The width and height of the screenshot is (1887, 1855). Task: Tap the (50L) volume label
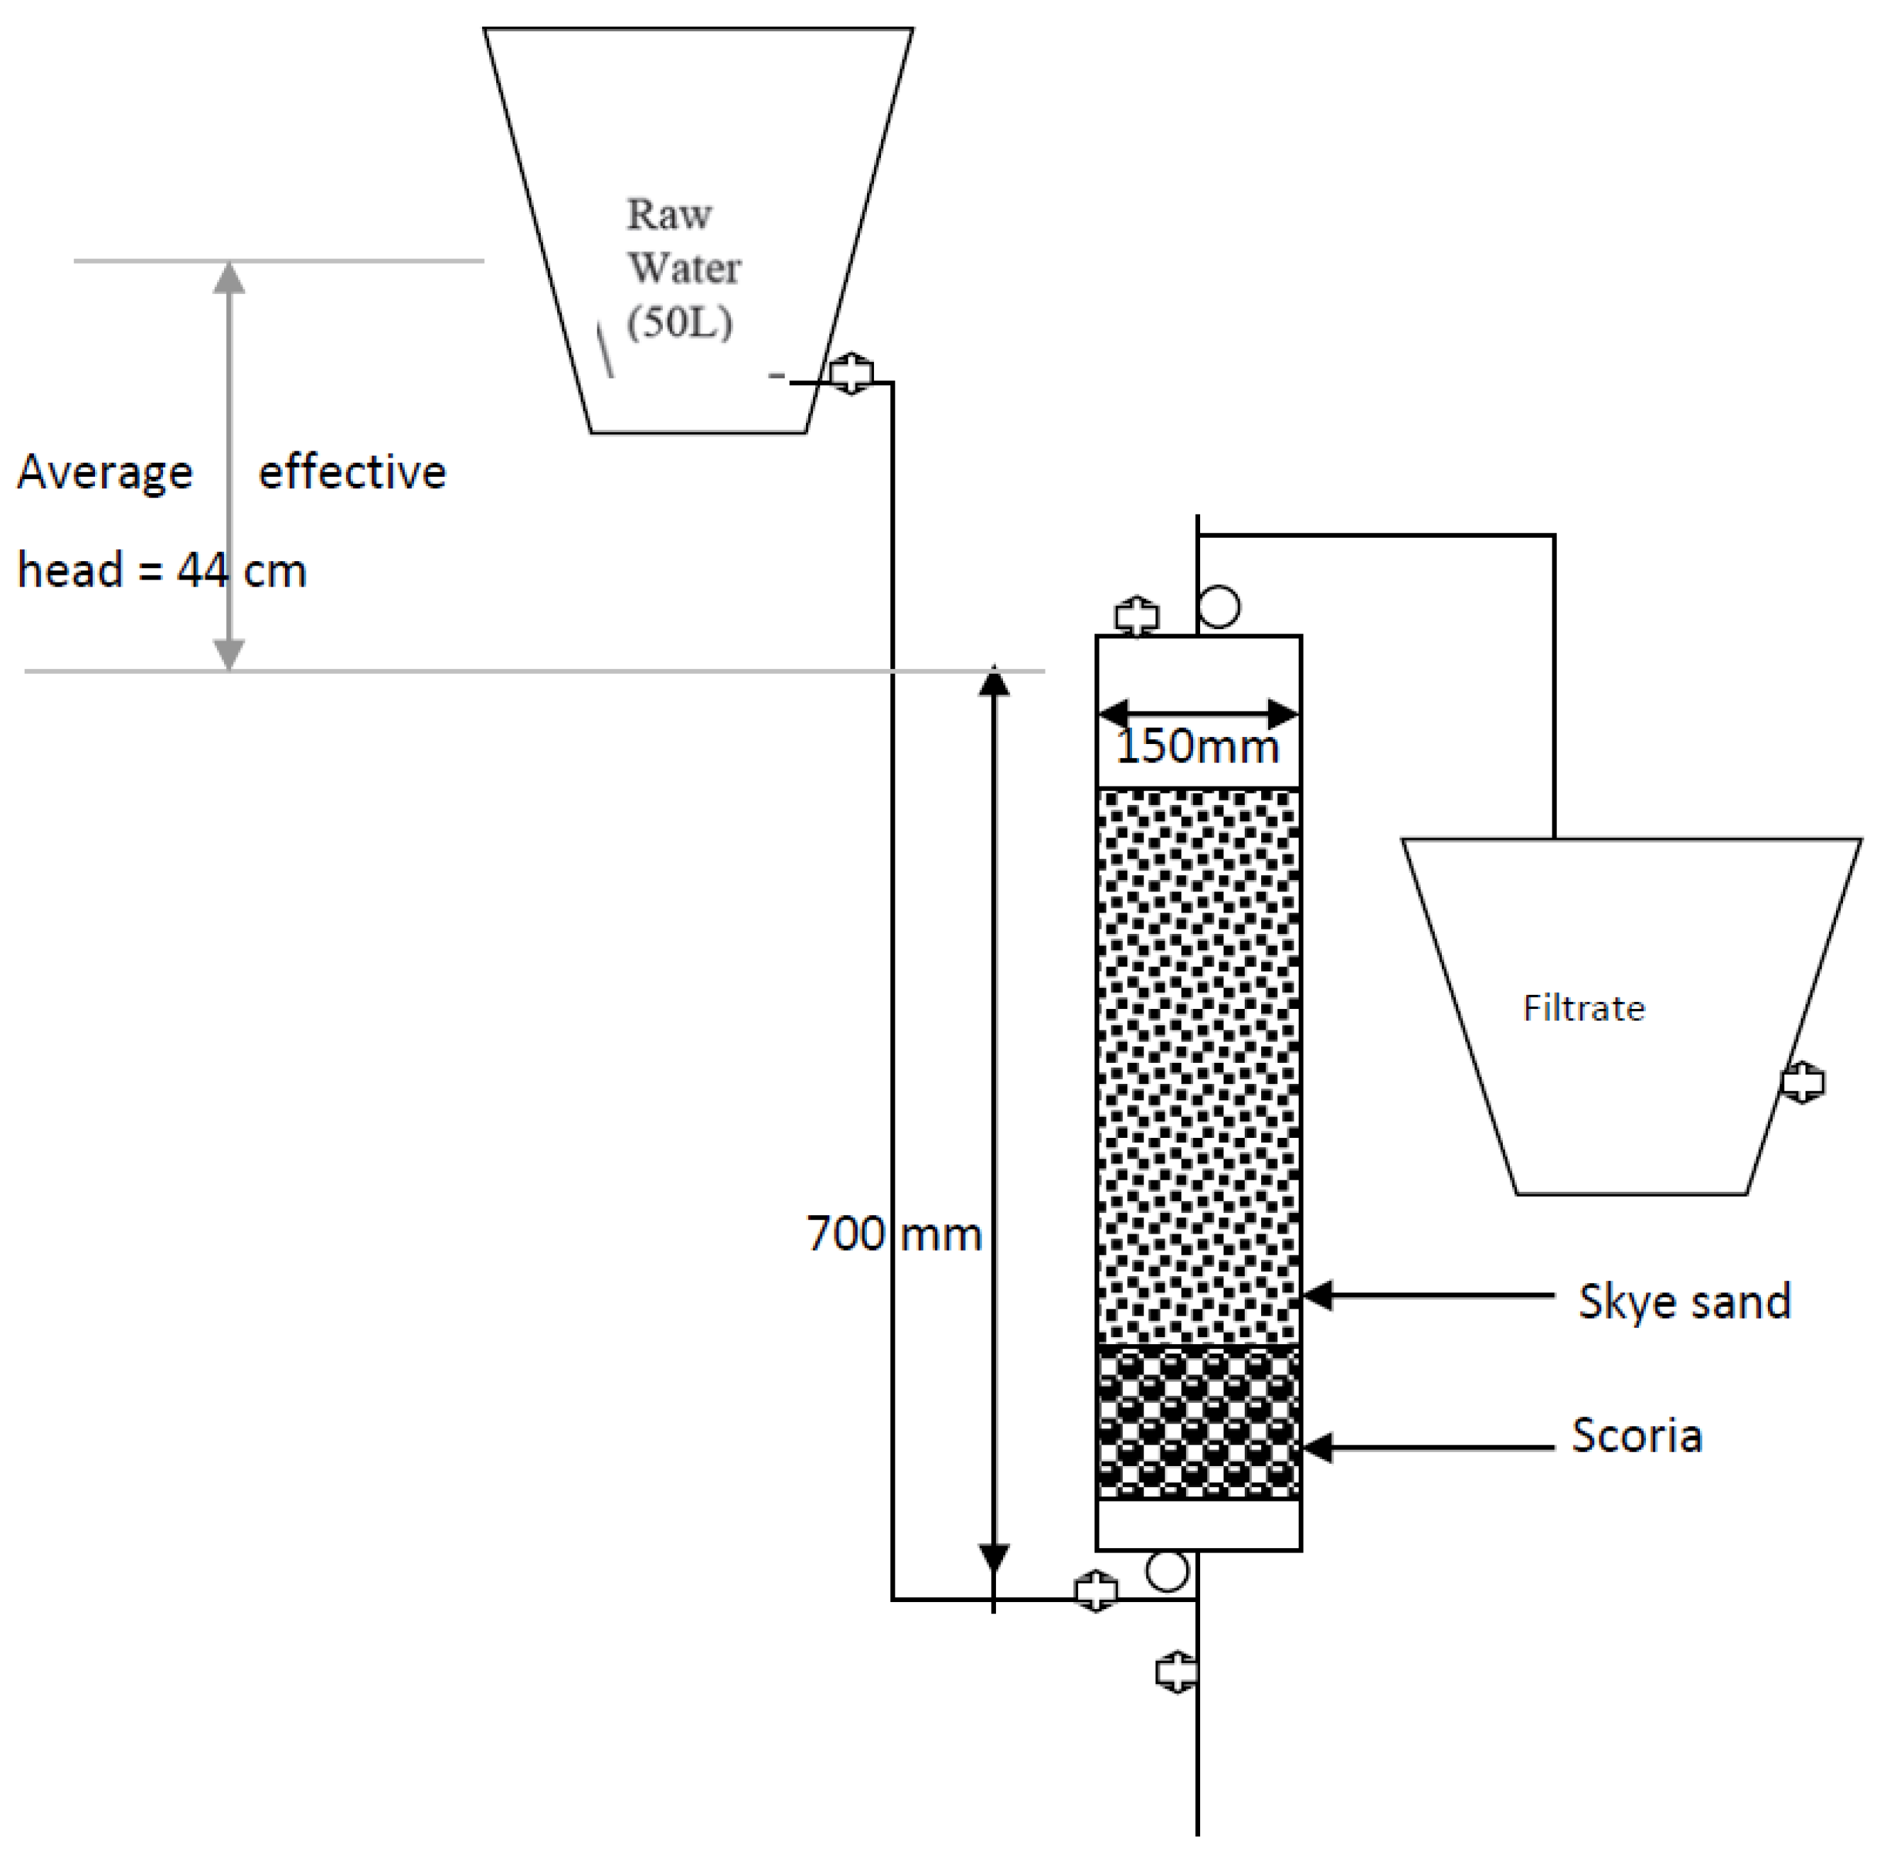[679, 322]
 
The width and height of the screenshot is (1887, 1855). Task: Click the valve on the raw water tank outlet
[851, 372]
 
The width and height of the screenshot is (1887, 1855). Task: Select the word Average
[105, 473]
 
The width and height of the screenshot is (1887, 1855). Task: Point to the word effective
[352, 473]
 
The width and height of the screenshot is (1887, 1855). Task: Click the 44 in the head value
[202, 570]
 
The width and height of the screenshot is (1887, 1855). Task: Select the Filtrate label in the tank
[1583, 1008]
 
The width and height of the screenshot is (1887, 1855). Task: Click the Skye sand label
[1684, 1302]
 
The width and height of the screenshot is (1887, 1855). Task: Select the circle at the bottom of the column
[1167, 1570]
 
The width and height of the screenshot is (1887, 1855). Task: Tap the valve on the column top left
[1136, 616]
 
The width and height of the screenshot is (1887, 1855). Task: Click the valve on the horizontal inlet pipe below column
[1096, 1591]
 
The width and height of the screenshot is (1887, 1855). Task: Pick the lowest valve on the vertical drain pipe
[1177, 1672]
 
